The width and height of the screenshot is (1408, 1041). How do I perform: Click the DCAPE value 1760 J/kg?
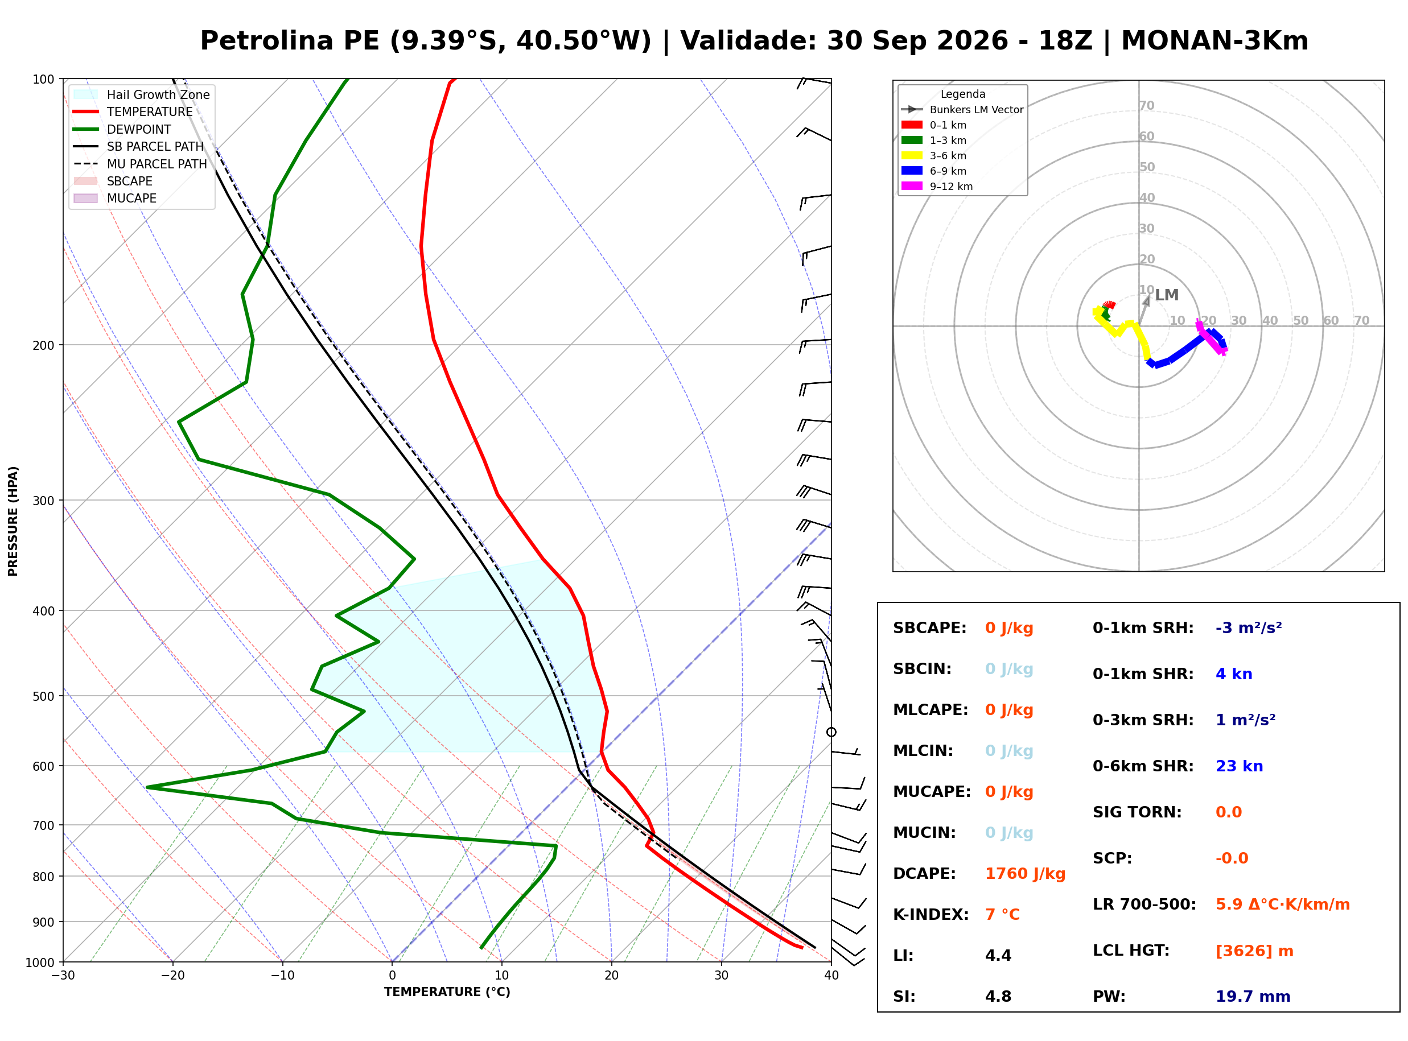(x=1025, y=874)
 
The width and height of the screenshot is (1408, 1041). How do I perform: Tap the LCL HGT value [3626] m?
(x=1254, y=951)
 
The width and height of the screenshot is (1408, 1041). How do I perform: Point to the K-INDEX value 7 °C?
(x=1002, y=915)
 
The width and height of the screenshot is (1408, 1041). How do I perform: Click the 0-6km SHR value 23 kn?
(x=1239, y=766)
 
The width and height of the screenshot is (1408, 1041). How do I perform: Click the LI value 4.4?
(x=998, y=956)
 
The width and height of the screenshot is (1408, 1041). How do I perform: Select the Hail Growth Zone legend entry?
(x=142, y=94)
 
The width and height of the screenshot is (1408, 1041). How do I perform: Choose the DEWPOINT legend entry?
(x=122, y=129)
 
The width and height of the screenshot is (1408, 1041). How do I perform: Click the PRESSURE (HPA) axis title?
(x=13, y=521)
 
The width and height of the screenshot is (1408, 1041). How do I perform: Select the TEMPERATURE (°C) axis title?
(x=447, y=993)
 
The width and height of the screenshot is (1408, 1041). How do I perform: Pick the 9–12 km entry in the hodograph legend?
(x=937, y=187)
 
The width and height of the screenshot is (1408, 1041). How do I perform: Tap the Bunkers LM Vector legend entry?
(x=962, y=110)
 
